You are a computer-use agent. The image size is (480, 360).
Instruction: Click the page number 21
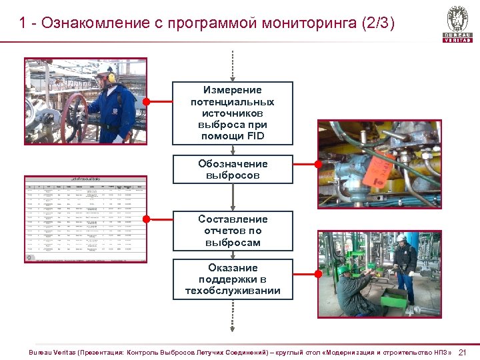click(465, 352)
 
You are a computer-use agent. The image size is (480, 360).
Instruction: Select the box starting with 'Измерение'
click(233, 113)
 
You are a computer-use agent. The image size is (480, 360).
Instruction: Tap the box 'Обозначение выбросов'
click(233, 169)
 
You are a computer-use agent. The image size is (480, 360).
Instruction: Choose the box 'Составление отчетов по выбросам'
click(233, 231)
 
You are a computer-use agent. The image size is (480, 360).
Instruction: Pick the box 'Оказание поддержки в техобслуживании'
click(233, 279)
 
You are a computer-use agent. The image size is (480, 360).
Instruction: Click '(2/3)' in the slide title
click(378, 23)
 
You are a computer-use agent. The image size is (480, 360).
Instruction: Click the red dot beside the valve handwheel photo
click(146, 102)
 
